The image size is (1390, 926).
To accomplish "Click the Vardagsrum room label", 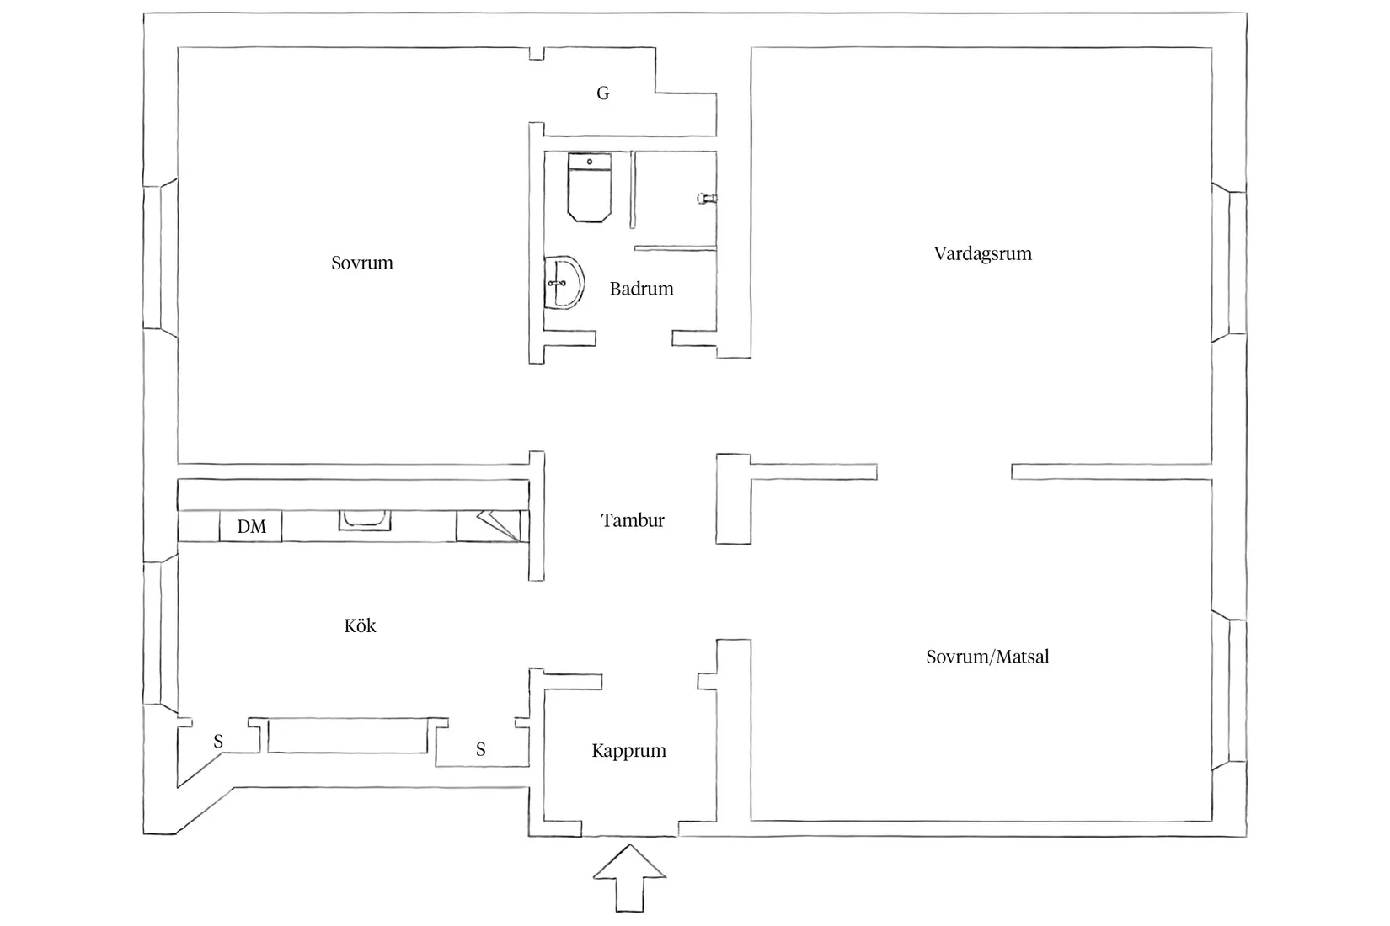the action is [x=983, y=253].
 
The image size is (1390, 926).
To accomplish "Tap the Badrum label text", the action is [x=641, y=289].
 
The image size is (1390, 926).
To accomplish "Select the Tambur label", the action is [x=633, y=519].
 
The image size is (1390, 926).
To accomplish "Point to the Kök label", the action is [x=360, y=625].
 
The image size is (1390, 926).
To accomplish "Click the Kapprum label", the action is [x=628, y=751].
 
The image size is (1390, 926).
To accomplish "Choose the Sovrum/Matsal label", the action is [x=987, y=657].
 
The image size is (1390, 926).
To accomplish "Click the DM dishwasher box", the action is [x=251, y=527].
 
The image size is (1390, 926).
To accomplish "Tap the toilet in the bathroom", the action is [x=589, y=187].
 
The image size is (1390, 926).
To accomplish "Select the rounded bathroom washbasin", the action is [x=564, y=282].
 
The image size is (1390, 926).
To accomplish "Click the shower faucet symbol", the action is [x=707, y=199].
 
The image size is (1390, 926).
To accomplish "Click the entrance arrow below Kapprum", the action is [x=629, y=878].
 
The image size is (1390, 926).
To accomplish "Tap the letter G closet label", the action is [x=602, y=93].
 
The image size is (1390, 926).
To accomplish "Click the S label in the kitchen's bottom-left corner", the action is [x=218, y=741].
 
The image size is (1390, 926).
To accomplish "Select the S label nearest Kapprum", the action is [x=480, y=749].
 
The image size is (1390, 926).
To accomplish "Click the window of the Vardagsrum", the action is [x=1229, y=263].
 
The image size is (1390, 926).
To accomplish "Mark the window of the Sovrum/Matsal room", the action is [x=1229, y=691].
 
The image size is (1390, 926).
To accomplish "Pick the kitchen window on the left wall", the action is [x=161, y=633].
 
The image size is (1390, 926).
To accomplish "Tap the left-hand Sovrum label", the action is [x=361, y=263].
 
